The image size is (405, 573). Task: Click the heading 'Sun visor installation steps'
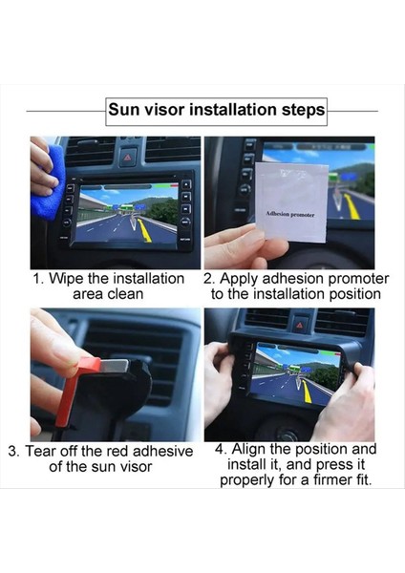(216, 110)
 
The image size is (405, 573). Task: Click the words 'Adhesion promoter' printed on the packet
(289, 214)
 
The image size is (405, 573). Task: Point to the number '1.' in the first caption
(39, 279)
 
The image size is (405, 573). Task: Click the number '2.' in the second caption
(209, 279)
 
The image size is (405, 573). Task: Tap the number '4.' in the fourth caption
(222, 449)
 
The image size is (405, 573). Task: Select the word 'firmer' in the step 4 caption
(321, 479)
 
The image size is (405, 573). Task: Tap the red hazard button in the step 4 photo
(299, 320)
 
